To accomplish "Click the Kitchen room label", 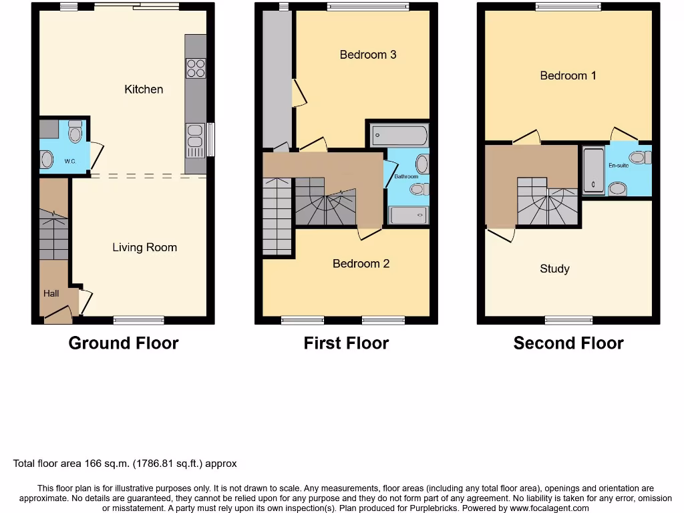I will pos(144,89).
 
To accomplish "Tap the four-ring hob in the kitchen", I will pos(196,68).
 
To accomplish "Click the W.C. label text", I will pos(70,161).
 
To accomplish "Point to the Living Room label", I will pos(144,247).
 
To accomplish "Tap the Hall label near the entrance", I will pos(51,293).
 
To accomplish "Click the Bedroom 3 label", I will pos(368,55).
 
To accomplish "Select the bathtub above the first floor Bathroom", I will pos(399,136).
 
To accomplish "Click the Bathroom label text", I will pos(405,176).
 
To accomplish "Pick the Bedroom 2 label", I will pos(361,263).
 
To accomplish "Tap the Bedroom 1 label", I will pos(568,75).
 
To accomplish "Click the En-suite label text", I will pos(618,165).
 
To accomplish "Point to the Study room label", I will pos(554,269).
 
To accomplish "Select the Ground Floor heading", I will pos(124,343).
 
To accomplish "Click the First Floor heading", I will pos(346,343).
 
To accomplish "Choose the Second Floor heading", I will pos(568,343).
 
